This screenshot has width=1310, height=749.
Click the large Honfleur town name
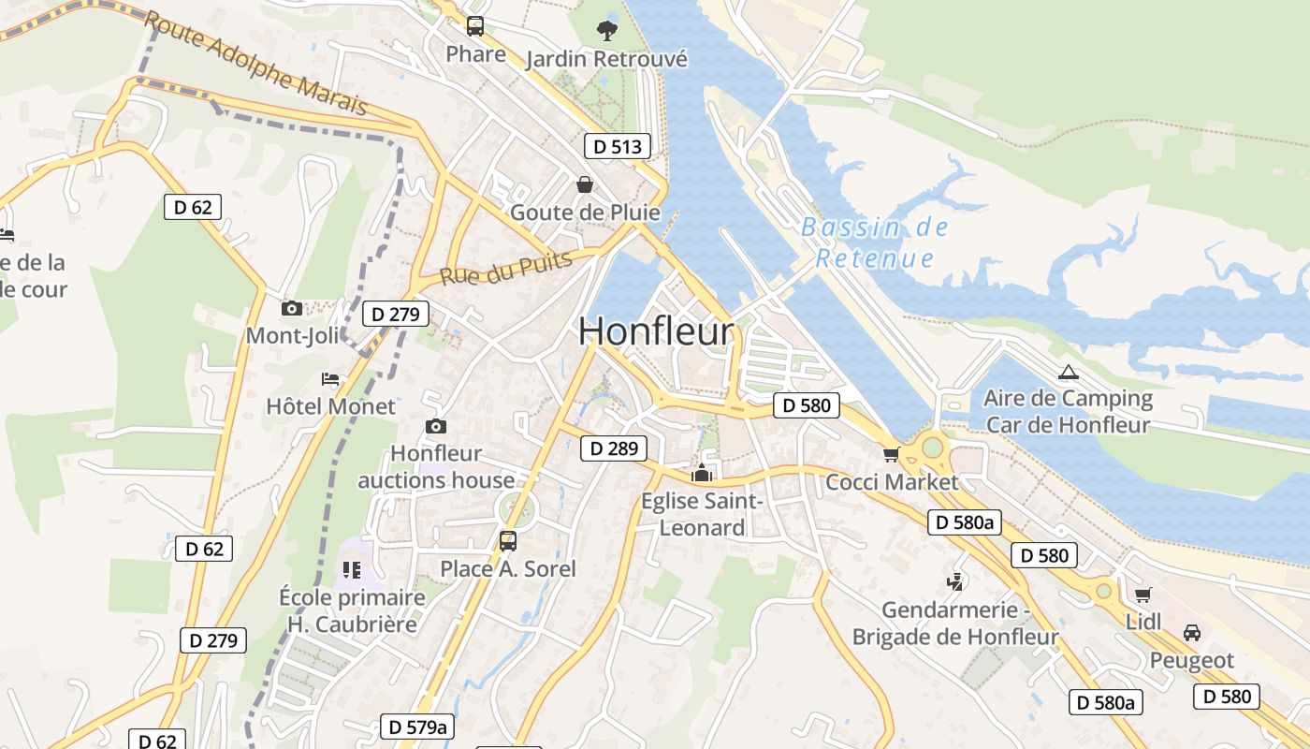click(x=656, y=331)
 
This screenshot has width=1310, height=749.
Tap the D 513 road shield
click(x=618, y=146)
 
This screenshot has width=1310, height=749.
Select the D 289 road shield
click(x=614, y=449)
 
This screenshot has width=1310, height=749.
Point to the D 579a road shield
click(x=417, y=727)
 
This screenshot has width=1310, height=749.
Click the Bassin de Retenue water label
click(x=875, y=242)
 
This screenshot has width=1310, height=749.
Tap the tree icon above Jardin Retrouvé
click(x=607, y=30)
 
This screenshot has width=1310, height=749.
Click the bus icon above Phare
click(x=475, y=25)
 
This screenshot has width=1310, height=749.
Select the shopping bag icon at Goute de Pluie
click(x=585, y=184)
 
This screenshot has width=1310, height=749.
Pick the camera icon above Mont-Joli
click(x=292, y=308)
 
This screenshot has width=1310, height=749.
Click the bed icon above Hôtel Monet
click(x=330, y=379)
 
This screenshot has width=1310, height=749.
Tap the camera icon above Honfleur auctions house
click(x=435, y=426)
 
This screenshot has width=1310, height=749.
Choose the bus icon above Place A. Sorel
click(x=508, y=540)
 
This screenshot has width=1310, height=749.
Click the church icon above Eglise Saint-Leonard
click(x=701, y=473)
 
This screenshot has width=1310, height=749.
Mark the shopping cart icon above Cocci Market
click(x=891, y=454)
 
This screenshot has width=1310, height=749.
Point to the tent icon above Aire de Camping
click(x=1067, y=372)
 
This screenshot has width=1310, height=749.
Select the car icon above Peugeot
click(x=1192, y=632)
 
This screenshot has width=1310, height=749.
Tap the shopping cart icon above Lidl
click(x=1143, y=594)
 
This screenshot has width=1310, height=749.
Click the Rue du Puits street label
click(x=505, y=268)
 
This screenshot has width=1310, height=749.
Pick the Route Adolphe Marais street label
click(x=255, y=63)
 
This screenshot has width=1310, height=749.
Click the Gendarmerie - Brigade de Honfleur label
click(x=954, y=624)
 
